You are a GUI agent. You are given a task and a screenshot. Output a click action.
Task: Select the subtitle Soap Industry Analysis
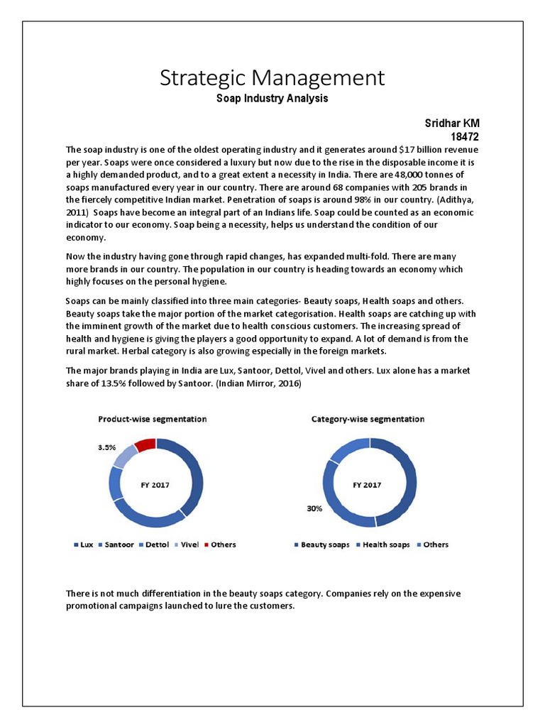pyautogui.click(x=272, y=99)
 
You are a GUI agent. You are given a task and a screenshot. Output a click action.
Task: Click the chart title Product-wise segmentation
pyautogui.click(x=152, y=419)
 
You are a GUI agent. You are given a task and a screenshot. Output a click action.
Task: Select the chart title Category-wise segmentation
pyautogui.click(x=368, y=419)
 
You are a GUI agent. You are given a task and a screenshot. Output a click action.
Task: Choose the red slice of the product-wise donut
pyautogui.click(x=145, y=445)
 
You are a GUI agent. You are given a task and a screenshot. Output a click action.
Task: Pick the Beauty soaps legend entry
pyautogui.click(x=321, y=545)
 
